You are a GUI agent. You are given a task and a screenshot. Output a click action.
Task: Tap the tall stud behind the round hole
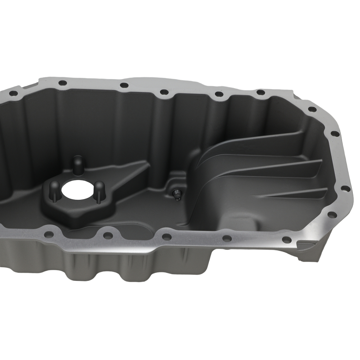pyautogui.click(x=77, y=165)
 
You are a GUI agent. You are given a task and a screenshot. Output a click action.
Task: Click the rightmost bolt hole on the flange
pyautogui.click(x=345, y=188)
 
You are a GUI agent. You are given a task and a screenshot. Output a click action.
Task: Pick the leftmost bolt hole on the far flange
pyautogui.click(x=13, y=93)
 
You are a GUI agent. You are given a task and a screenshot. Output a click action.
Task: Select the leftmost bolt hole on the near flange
pyautogui.click(x=49, y=234)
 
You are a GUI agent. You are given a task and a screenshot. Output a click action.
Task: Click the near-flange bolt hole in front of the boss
pyautogui.click(x=107, y=235)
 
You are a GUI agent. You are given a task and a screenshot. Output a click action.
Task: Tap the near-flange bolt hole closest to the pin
pyautogui.click(x=167, y=237)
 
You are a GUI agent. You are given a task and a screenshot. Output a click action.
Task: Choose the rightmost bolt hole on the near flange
pyautogui.click(x=286, y=239)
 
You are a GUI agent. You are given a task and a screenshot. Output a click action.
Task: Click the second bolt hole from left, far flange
pyautogui.click(x=62, y=83)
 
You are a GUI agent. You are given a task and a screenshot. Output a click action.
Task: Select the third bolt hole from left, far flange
pyautogui.click(x=123, y=85)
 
